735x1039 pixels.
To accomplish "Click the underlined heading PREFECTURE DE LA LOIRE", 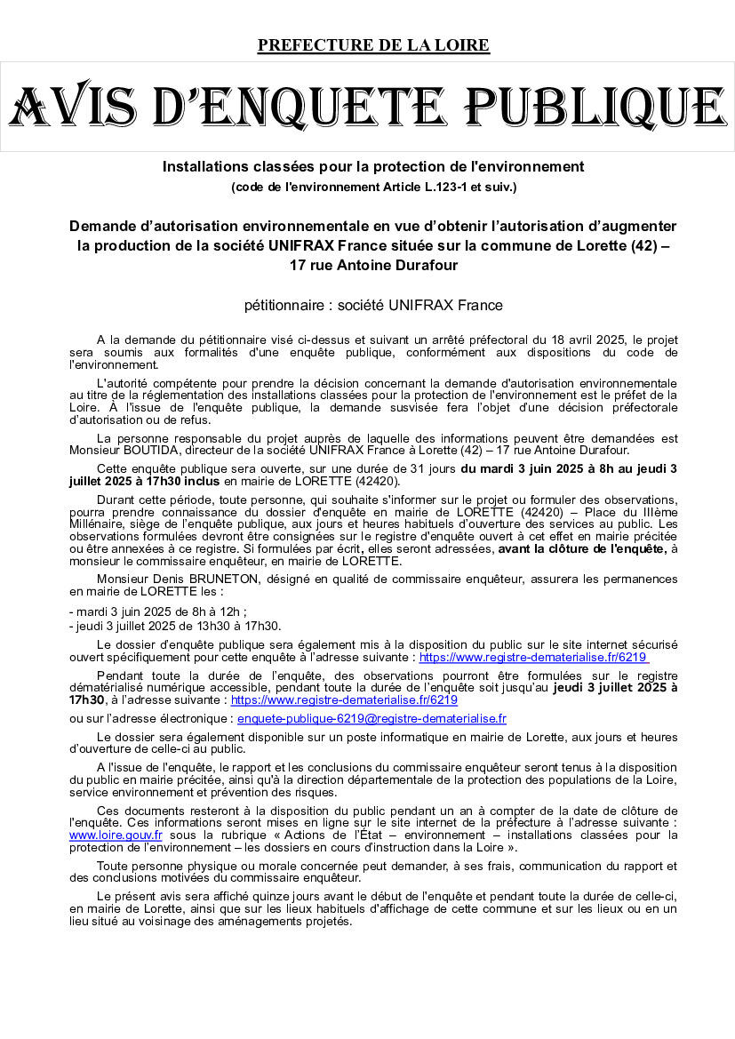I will click(373, 45).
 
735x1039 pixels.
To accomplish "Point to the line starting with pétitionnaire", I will click(373, 306).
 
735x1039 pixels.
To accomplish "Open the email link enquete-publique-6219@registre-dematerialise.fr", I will click(371, 718).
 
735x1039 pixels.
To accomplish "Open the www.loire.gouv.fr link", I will click(116, 835).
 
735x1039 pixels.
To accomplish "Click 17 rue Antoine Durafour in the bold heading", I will click(373, 265).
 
